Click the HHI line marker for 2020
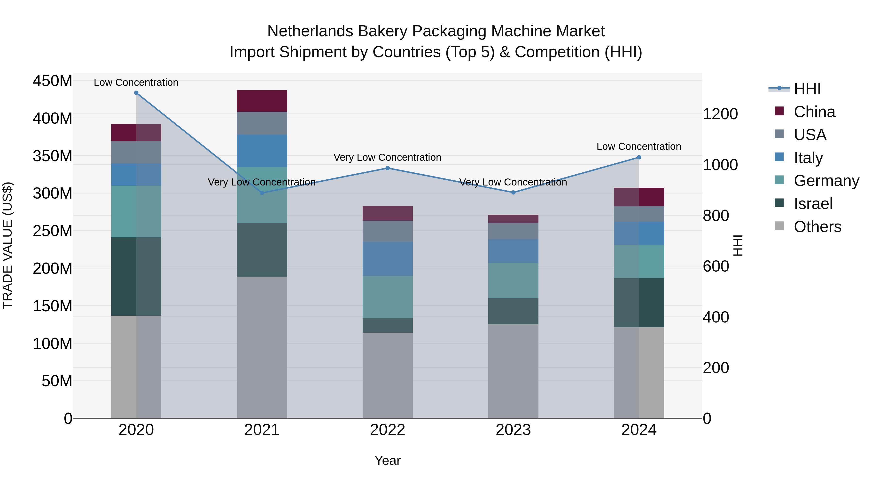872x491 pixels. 136,93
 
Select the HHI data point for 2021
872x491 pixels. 262,193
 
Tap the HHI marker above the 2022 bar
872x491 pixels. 388,168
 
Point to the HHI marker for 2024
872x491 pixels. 639,157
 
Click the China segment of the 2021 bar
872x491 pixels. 262,101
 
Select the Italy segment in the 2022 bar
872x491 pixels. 388,258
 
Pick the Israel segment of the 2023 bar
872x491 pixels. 513,311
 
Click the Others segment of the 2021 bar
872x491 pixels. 262,347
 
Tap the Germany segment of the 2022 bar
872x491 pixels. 388,297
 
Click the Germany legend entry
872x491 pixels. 826,181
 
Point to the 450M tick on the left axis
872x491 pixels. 53,81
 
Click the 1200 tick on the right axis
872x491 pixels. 720,114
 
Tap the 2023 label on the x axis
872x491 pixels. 513,430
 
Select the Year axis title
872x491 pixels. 388,460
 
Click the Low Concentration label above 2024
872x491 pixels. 639,146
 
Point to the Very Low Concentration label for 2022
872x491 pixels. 388,157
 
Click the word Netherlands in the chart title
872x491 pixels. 310,31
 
